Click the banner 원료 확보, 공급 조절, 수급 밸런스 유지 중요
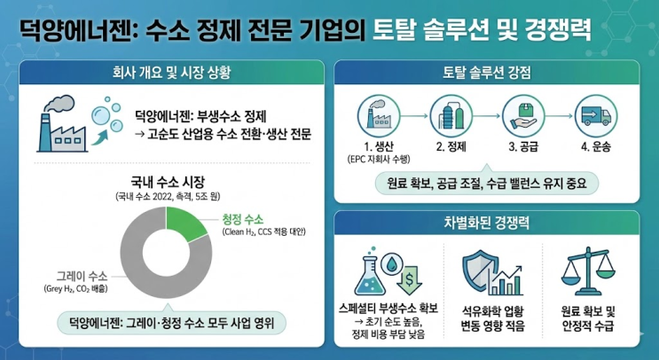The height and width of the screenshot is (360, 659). [488, 184]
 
